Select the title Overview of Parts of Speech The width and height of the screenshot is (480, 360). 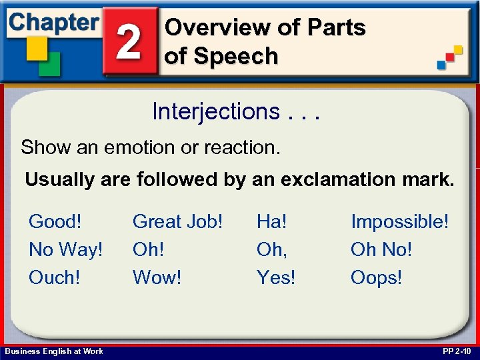[x=265, y=41]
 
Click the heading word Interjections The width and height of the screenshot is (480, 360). [x=215, y=111]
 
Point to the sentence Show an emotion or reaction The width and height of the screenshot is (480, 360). [x=151, y=147]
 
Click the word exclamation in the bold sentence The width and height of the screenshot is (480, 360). [x=341, y=179]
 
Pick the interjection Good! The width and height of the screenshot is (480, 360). [x=57, y=221]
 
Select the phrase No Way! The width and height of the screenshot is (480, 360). [x=66, y=249]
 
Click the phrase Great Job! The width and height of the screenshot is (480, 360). [x=177, y=221]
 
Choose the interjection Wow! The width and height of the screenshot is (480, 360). [x=157, y=277]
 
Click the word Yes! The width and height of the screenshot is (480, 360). [x=276, y=277]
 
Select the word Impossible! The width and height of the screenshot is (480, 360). [x=400, y=221]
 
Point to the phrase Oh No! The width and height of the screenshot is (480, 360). [x=381, y=249]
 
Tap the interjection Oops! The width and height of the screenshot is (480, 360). [x=376, y=277]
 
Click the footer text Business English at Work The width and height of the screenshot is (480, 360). [x=54, y=351]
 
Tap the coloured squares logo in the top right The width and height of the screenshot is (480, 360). [x=450, y=57]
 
